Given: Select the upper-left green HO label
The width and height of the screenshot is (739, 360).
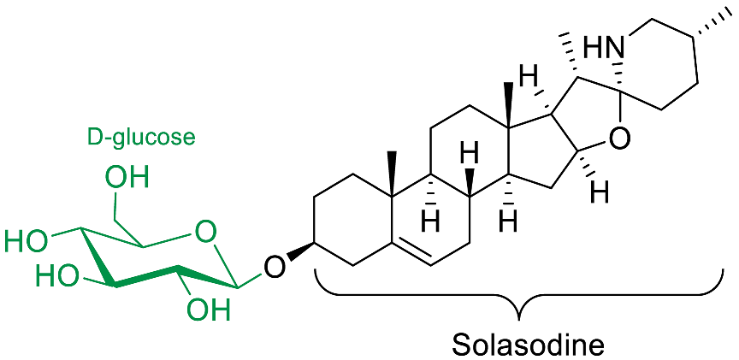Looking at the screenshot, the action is click(26, 240).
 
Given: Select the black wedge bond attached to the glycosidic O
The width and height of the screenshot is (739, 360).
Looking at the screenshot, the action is click(299, 254).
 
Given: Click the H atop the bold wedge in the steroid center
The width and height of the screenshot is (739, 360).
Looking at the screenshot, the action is click(468, 156).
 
